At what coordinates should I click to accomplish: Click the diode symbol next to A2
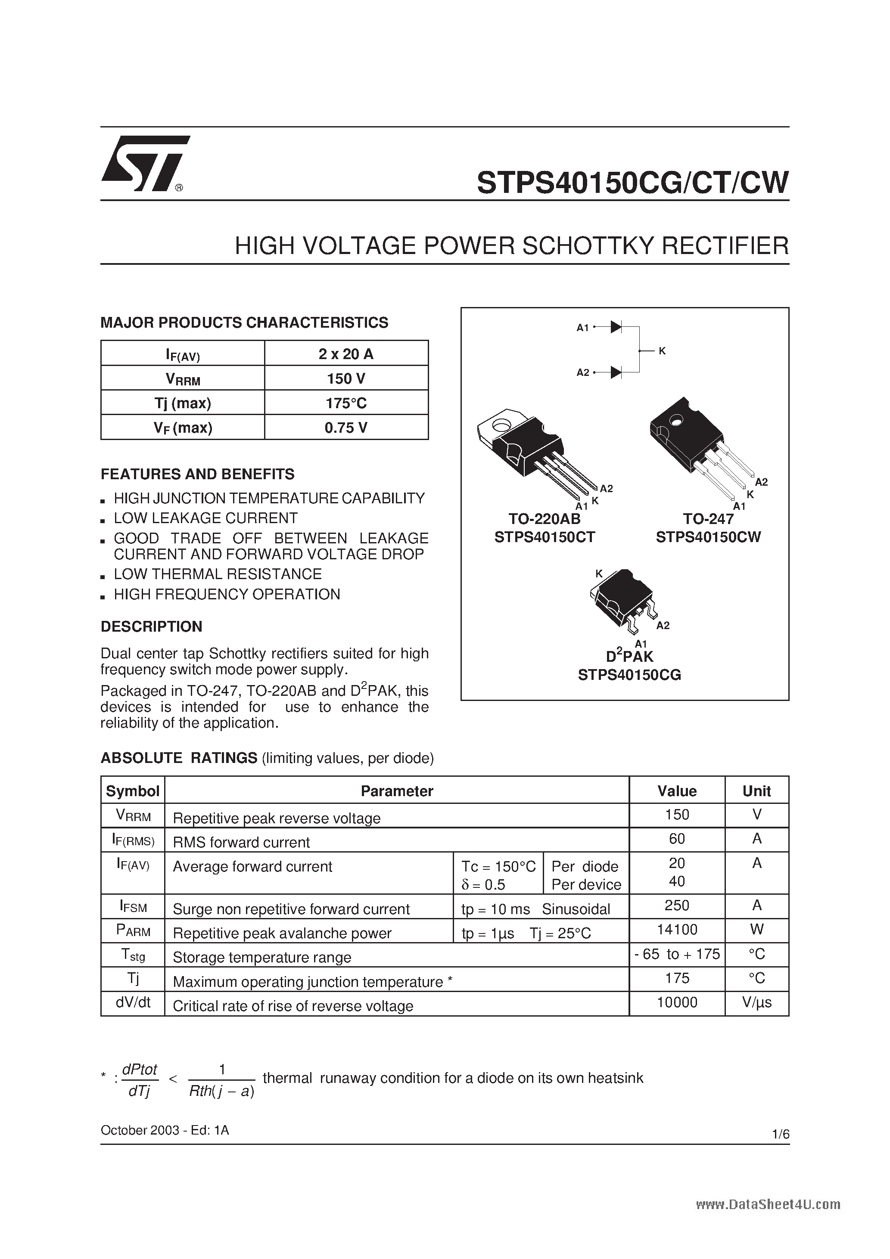616,373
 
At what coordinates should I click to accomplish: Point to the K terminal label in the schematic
662,351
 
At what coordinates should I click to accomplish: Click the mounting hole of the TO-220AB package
501,425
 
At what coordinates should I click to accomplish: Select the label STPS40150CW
708,537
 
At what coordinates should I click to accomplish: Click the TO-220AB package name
545,519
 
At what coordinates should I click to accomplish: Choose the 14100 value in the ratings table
677,930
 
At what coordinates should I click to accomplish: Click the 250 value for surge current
677,905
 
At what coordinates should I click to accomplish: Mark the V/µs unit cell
756,1002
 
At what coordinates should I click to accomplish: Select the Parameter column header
397,791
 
